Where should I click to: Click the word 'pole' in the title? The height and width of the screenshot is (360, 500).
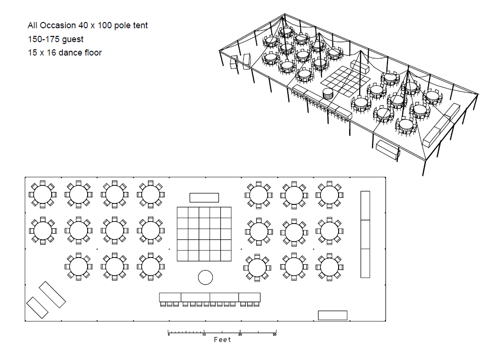pyautogui.click(x=119, y=25)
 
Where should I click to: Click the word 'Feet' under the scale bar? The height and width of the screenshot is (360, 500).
pyautogui.click(x=222, y=339)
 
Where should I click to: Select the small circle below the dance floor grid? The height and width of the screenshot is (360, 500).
pyautogui.click(x=205, y=277)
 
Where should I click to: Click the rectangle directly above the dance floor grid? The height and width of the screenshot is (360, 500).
pyautogui.click(x=204, y=198)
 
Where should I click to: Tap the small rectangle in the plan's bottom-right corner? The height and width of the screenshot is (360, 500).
pyautogui.click(x=332, y=315)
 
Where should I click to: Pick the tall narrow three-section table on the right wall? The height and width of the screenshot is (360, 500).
pyautogui.click(x=365, y=234)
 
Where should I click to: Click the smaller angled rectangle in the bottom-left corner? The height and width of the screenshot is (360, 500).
pyautogui.click(x=37, y=307)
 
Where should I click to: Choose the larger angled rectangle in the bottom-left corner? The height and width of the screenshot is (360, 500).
pyautogui.click(x=52, y=294)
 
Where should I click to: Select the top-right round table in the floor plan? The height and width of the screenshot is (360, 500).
pyautogui.click(x=329, y=194)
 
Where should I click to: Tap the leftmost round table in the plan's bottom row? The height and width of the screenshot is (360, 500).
pyautogui.click(x=79, y=266)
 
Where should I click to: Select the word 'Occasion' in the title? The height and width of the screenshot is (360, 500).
pyautogui.click(x=57, y=25)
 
